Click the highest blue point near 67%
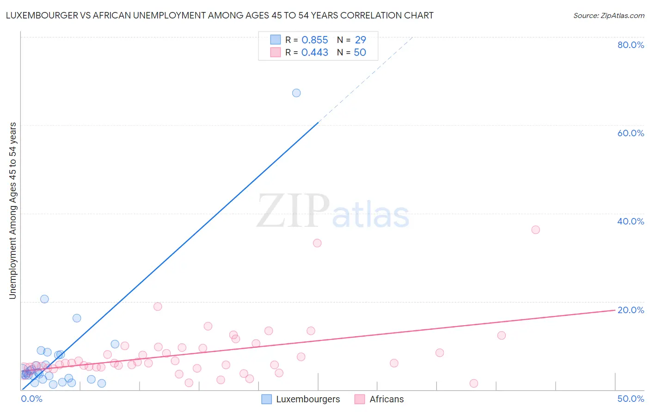coord(296,93)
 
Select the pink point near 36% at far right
coord(535,230)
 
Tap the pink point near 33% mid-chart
coord(317,243)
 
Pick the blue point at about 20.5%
coord(44,299)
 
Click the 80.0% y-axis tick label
coord(631,45)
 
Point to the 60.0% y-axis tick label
coord(631,133)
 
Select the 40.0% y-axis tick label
coord(631,221)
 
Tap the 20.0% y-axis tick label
coord(631,310)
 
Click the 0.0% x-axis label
coord(32,399)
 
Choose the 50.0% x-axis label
coord(631,399)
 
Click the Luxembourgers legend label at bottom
coord(308,400)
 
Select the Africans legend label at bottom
coord(386,400)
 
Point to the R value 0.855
coord(314,40)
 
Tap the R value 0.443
coord(314,53)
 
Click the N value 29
coord(360,40)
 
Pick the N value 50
coord(360,53)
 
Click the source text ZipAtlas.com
coord(608,16)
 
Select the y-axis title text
coord(13,210)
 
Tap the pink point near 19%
coord(158,306)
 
